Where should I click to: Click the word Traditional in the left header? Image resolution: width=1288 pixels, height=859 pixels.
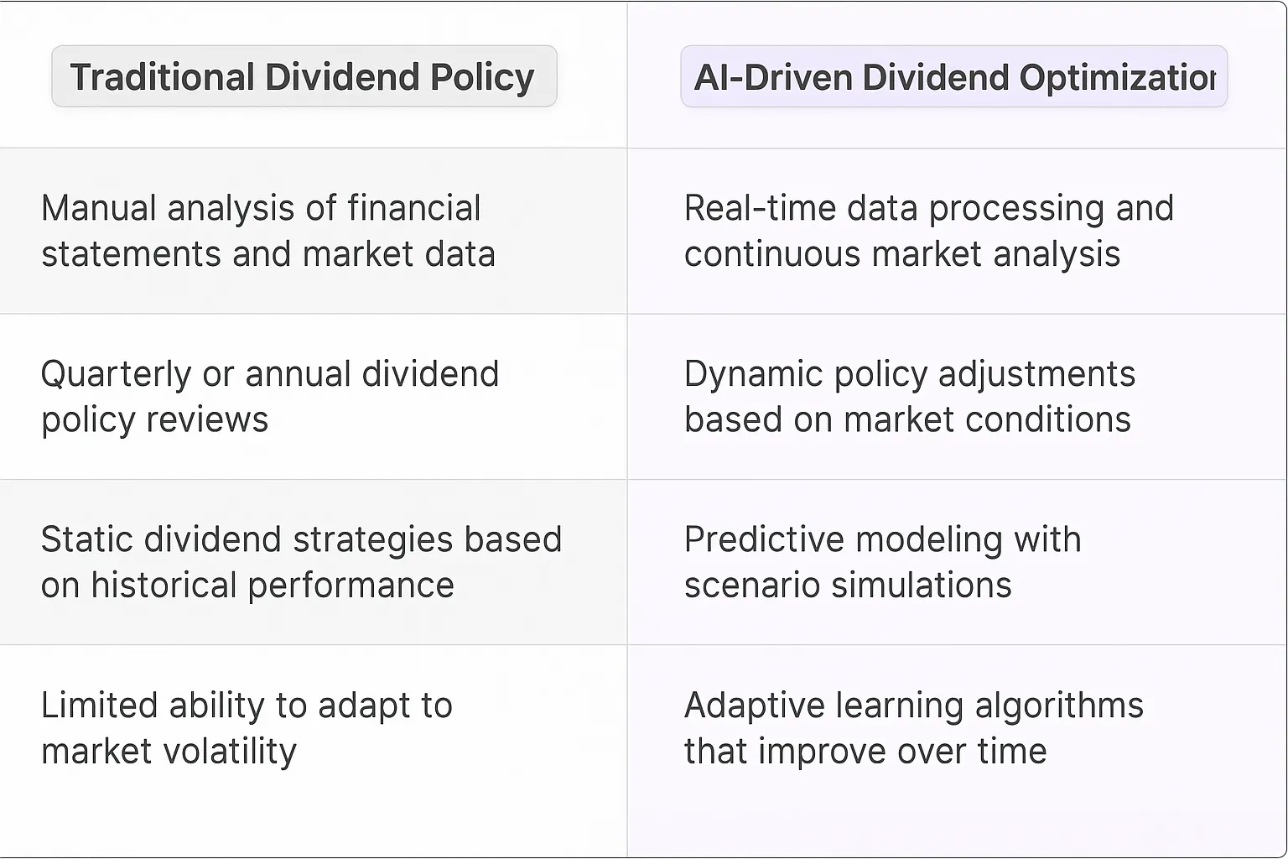tap(162, 77)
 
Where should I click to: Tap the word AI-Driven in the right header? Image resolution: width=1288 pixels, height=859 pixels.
tap(772, 77)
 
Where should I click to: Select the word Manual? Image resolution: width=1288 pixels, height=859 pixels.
tap(99, 208)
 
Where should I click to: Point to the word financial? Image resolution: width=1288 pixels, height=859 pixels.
tap(413, 208)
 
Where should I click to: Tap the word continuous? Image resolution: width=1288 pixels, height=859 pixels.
tap(772, 254)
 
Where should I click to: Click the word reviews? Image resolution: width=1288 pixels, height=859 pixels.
tap(214, 419)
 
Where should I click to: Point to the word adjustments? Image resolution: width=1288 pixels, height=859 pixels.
tap(1036, 374)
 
